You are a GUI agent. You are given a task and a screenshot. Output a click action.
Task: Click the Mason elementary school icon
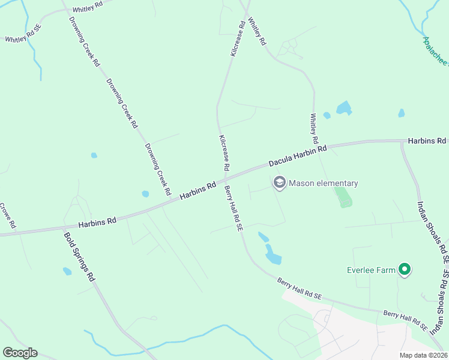[x=279, y=183]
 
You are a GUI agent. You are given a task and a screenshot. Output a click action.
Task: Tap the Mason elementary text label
[x=324, y=184]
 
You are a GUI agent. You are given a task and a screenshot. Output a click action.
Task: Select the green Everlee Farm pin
[x=405, y=270]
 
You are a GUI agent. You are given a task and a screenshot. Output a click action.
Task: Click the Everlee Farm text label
[x=371, y=270]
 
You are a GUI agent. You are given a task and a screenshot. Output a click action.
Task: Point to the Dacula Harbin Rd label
[x=297, y=155]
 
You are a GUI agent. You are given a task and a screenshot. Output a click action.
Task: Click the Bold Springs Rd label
[x=79, y=256]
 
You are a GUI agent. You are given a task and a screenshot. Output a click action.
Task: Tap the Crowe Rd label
[x=7, y=217]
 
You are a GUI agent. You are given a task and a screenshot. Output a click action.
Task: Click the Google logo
[x=20, y=353]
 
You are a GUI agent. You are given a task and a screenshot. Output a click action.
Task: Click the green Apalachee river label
[x=435, y=50]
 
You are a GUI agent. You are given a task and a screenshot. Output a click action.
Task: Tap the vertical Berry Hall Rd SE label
[x=233, y=208]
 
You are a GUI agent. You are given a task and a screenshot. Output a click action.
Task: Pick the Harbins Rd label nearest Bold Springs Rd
[x=97, y=222]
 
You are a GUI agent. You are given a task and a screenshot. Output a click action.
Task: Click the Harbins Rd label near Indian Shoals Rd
[x=427, y=141]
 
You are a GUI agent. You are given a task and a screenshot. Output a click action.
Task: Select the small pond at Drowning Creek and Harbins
[x=145, y=194]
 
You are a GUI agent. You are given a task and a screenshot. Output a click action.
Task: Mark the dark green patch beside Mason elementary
[x=343, y=196]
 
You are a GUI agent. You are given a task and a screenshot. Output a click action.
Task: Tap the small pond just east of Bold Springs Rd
[x=67, y=271]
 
